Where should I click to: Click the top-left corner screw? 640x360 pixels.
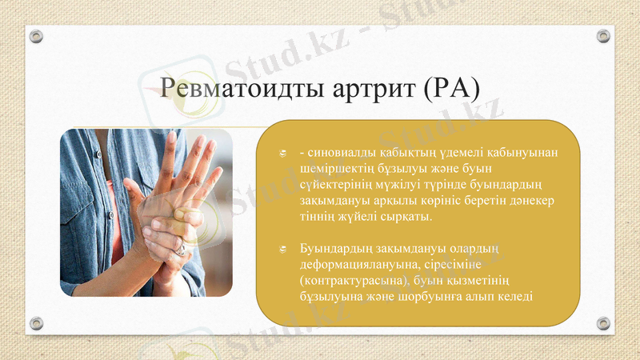36,36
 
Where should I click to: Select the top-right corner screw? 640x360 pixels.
604,36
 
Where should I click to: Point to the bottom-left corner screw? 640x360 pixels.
36,323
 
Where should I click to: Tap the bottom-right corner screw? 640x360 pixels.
604,323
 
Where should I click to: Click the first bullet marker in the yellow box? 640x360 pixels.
282,154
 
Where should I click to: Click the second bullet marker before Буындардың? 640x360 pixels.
282,250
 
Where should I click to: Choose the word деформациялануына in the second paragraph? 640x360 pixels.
354,265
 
